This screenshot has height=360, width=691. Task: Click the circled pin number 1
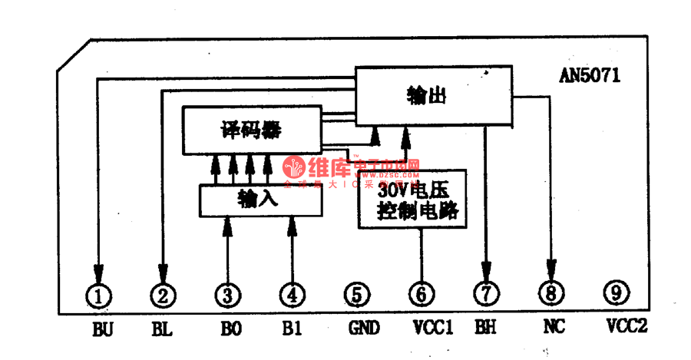click(98, 293)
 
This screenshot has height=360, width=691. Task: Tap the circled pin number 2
click(162, 293)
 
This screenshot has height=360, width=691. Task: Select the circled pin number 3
click(227, 293)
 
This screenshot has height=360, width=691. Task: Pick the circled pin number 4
click(292, 293)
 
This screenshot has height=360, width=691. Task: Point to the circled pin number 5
click(356, 293)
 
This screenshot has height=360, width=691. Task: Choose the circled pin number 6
click(422, 293)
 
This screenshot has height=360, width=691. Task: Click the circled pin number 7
click(486, 293)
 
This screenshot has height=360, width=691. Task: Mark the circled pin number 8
click(551, 292)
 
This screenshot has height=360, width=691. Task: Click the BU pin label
click(102, 329)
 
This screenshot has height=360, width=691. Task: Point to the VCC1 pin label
click(432, 328)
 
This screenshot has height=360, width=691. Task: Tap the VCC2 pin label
click(627, 326)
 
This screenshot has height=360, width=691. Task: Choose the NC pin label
click(554, 327)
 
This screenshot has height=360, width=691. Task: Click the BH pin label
click(485, 328)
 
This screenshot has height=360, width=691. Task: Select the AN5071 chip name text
click(590, 76)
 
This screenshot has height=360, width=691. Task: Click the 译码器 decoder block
click(250, 130)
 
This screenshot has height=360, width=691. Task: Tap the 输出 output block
click(433, 95)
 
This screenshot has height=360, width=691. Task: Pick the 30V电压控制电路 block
click(412, 199)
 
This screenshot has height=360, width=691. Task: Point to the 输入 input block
click(260, 200)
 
